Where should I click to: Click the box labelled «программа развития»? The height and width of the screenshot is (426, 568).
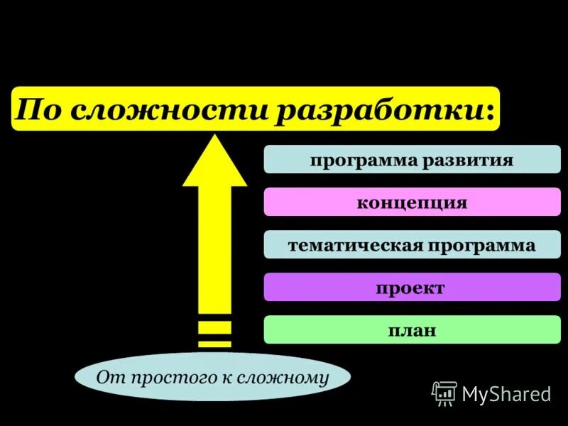coord(412,160)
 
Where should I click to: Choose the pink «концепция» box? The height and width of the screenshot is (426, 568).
coord(412,202)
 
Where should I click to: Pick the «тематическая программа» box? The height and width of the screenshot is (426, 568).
coord(412,245)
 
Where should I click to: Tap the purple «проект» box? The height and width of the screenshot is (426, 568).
coord(412,288)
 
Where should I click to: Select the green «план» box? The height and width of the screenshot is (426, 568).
coord(412,330)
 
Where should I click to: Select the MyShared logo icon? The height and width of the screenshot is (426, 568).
coord(444,393)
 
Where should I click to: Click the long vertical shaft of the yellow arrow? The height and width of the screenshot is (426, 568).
coord(214,248)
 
